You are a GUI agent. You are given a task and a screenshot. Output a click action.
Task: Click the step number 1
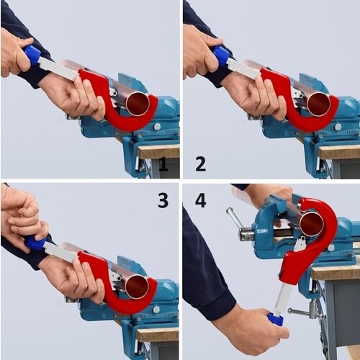pos(163,164)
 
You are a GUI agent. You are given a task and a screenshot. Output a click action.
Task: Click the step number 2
pos(200,164)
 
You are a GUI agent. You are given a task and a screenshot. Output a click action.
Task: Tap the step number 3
pos(163,199)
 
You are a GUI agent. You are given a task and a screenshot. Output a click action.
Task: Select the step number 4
pos(200,199)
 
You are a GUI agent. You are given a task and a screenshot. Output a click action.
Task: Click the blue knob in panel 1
pos(33,55)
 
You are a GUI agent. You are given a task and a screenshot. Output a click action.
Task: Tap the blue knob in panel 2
pos(222,55)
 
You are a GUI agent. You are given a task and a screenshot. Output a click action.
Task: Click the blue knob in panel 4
pos(276,319)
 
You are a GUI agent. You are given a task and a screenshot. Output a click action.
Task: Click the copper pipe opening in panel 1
pos(138,104)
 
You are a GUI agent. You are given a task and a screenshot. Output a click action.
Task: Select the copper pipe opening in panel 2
pos(319,104)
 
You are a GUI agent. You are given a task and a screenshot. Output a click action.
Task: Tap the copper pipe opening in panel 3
pos(137,287)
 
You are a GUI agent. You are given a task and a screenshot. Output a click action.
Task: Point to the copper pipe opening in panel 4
pos(313,223)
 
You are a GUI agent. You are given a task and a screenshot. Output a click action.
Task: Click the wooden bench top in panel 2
pos(338,152)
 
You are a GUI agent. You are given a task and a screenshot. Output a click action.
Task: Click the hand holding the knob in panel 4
pos(252,328)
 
